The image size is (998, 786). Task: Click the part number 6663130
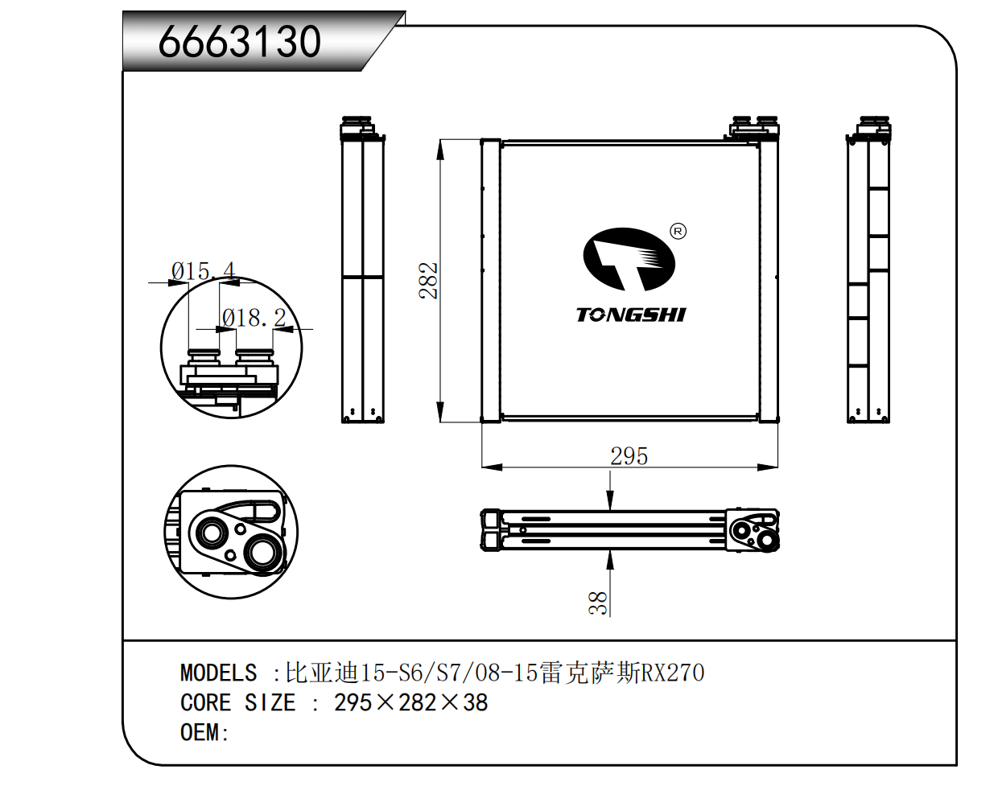point(239,42)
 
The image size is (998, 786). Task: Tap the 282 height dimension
point(428,280)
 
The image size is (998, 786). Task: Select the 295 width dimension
point(629,456)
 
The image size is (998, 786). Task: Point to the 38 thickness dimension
point(598,603)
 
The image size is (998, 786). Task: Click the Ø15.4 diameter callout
point(203,271)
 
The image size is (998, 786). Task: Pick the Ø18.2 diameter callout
point(254,319)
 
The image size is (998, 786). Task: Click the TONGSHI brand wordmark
point(630,315)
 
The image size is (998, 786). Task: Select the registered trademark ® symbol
point(678,232)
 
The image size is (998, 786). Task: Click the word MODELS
point(218,673)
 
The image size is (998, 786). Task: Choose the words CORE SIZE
point(238,703)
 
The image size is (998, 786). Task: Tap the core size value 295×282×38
point(410,703)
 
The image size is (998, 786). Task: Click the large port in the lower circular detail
point(262,553)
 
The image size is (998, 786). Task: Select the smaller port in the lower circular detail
point(212,532)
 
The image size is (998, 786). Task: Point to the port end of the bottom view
point(752,530)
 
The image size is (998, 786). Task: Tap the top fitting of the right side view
point(872,127)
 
